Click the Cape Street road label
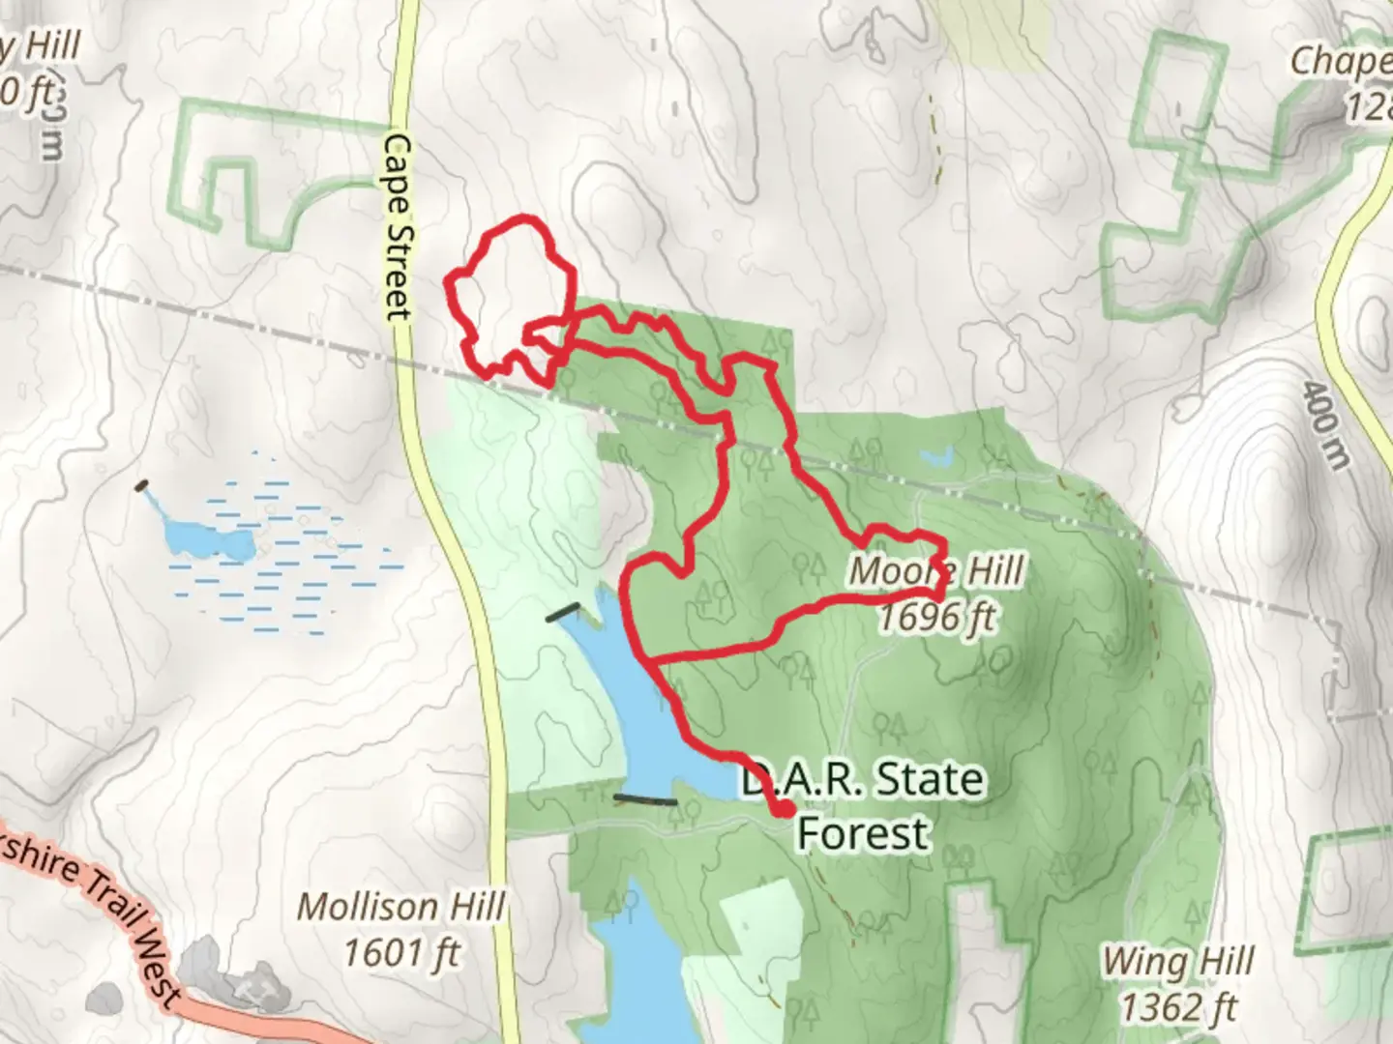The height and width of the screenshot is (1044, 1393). (398, 227)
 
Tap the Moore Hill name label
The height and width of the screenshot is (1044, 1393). (935, 571)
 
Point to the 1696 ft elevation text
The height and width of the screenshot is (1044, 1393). (935, 617)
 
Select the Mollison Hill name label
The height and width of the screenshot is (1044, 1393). (400, 907)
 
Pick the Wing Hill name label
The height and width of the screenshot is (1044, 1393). (1178, 962)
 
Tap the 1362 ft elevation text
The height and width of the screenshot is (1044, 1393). (1178, 1007)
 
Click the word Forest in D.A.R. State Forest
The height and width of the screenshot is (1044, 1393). (863, 833)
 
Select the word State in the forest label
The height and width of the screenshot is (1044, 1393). (929, 779)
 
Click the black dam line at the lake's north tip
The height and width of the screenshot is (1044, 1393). (563, 612)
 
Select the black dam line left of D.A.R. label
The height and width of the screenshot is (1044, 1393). (646, 799)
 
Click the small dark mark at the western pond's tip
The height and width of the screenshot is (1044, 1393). (143, 485)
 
